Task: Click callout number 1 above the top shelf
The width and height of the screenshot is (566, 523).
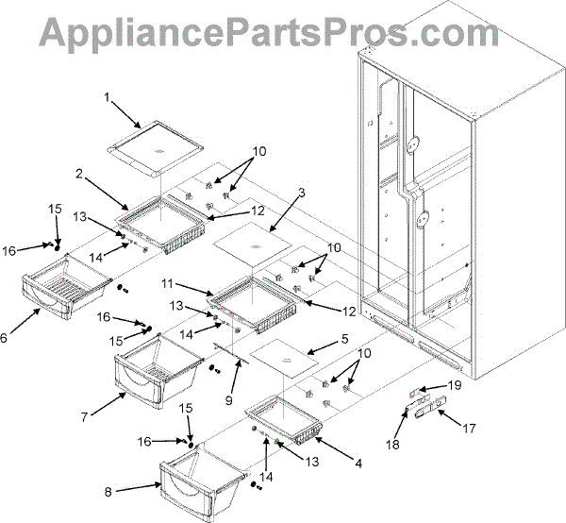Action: [108, 96]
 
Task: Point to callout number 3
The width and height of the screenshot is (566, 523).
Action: [301, 193]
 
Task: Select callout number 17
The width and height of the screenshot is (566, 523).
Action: [469, 427]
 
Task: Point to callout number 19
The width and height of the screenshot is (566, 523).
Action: [453, 385]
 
